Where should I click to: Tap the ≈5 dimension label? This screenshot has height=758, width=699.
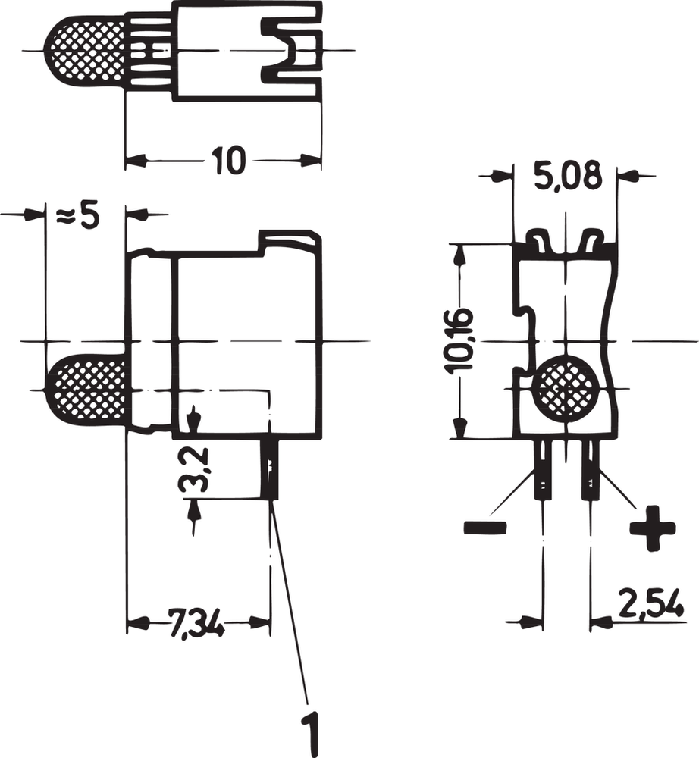click(x=78, y=216)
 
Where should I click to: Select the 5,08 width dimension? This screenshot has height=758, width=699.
click(x=567, y=177)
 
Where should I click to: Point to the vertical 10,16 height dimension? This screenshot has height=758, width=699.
click(x=460, y=340)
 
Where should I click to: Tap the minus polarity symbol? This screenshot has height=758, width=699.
click(x=485, y=528)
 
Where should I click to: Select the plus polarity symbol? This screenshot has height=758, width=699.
click(x=653, y=528)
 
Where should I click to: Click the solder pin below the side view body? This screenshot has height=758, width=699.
click(x=270, y=468)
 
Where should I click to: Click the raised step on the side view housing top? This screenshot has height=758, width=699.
click(x=290, y=239)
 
